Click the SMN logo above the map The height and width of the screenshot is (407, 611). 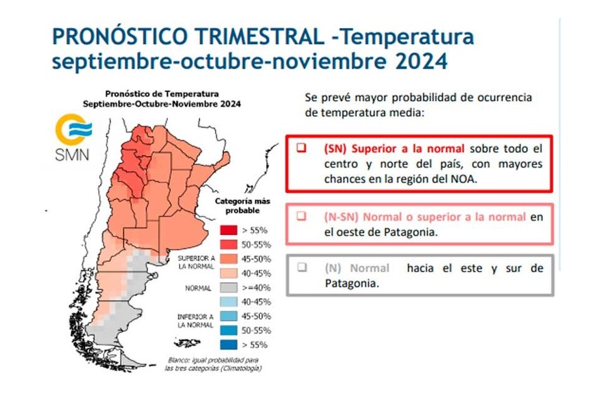tap(72, 140)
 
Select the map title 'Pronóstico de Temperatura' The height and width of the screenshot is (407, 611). tap(161, 93)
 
